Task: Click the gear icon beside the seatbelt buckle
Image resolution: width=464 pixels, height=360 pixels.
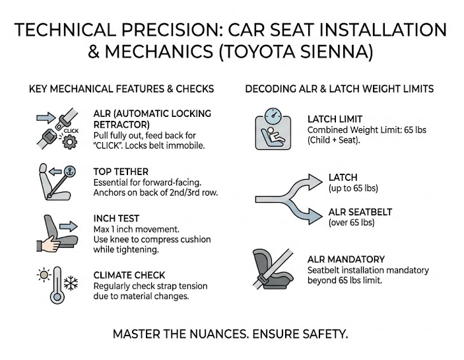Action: [70, 142]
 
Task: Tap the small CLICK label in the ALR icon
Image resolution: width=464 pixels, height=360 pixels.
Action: [71, 131]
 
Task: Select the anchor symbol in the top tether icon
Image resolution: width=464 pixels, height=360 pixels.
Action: [70, 171]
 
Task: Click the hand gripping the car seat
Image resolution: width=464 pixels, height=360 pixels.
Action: [49, 244]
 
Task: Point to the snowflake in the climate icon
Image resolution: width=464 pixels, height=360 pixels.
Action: [71, 283]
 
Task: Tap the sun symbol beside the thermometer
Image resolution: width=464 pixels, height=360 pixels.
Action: [44, 275]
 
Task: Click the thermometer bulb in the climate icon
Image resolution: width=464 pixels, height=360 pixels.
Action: [57, 297]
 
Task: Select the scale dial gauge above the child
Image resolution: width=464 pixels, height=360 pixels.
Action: [273, 116]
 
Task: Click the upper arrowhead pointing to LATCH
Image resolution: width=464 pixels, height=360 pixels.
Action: [315, 181]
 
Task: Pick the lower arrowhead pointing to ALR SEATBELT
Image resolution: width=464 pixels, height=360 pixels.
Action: [315, 216]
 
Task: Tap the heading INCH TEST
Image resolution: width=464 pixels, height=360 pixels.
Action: [116, 219]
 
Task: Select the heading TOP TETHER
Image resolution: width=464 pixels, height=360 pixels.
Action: [121, 172]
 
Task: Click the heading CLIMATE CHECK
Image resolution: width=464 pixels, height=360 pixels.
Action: [129, 275]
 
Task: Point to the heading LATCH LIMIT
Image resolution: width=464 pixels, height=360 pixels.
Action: [335, 119]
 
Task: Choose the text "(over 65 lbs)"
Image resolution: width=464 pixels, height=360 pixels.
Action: [352, 223]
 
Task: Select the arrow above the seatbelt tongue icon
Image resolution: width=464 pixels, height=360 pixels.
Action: [46, 118]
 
